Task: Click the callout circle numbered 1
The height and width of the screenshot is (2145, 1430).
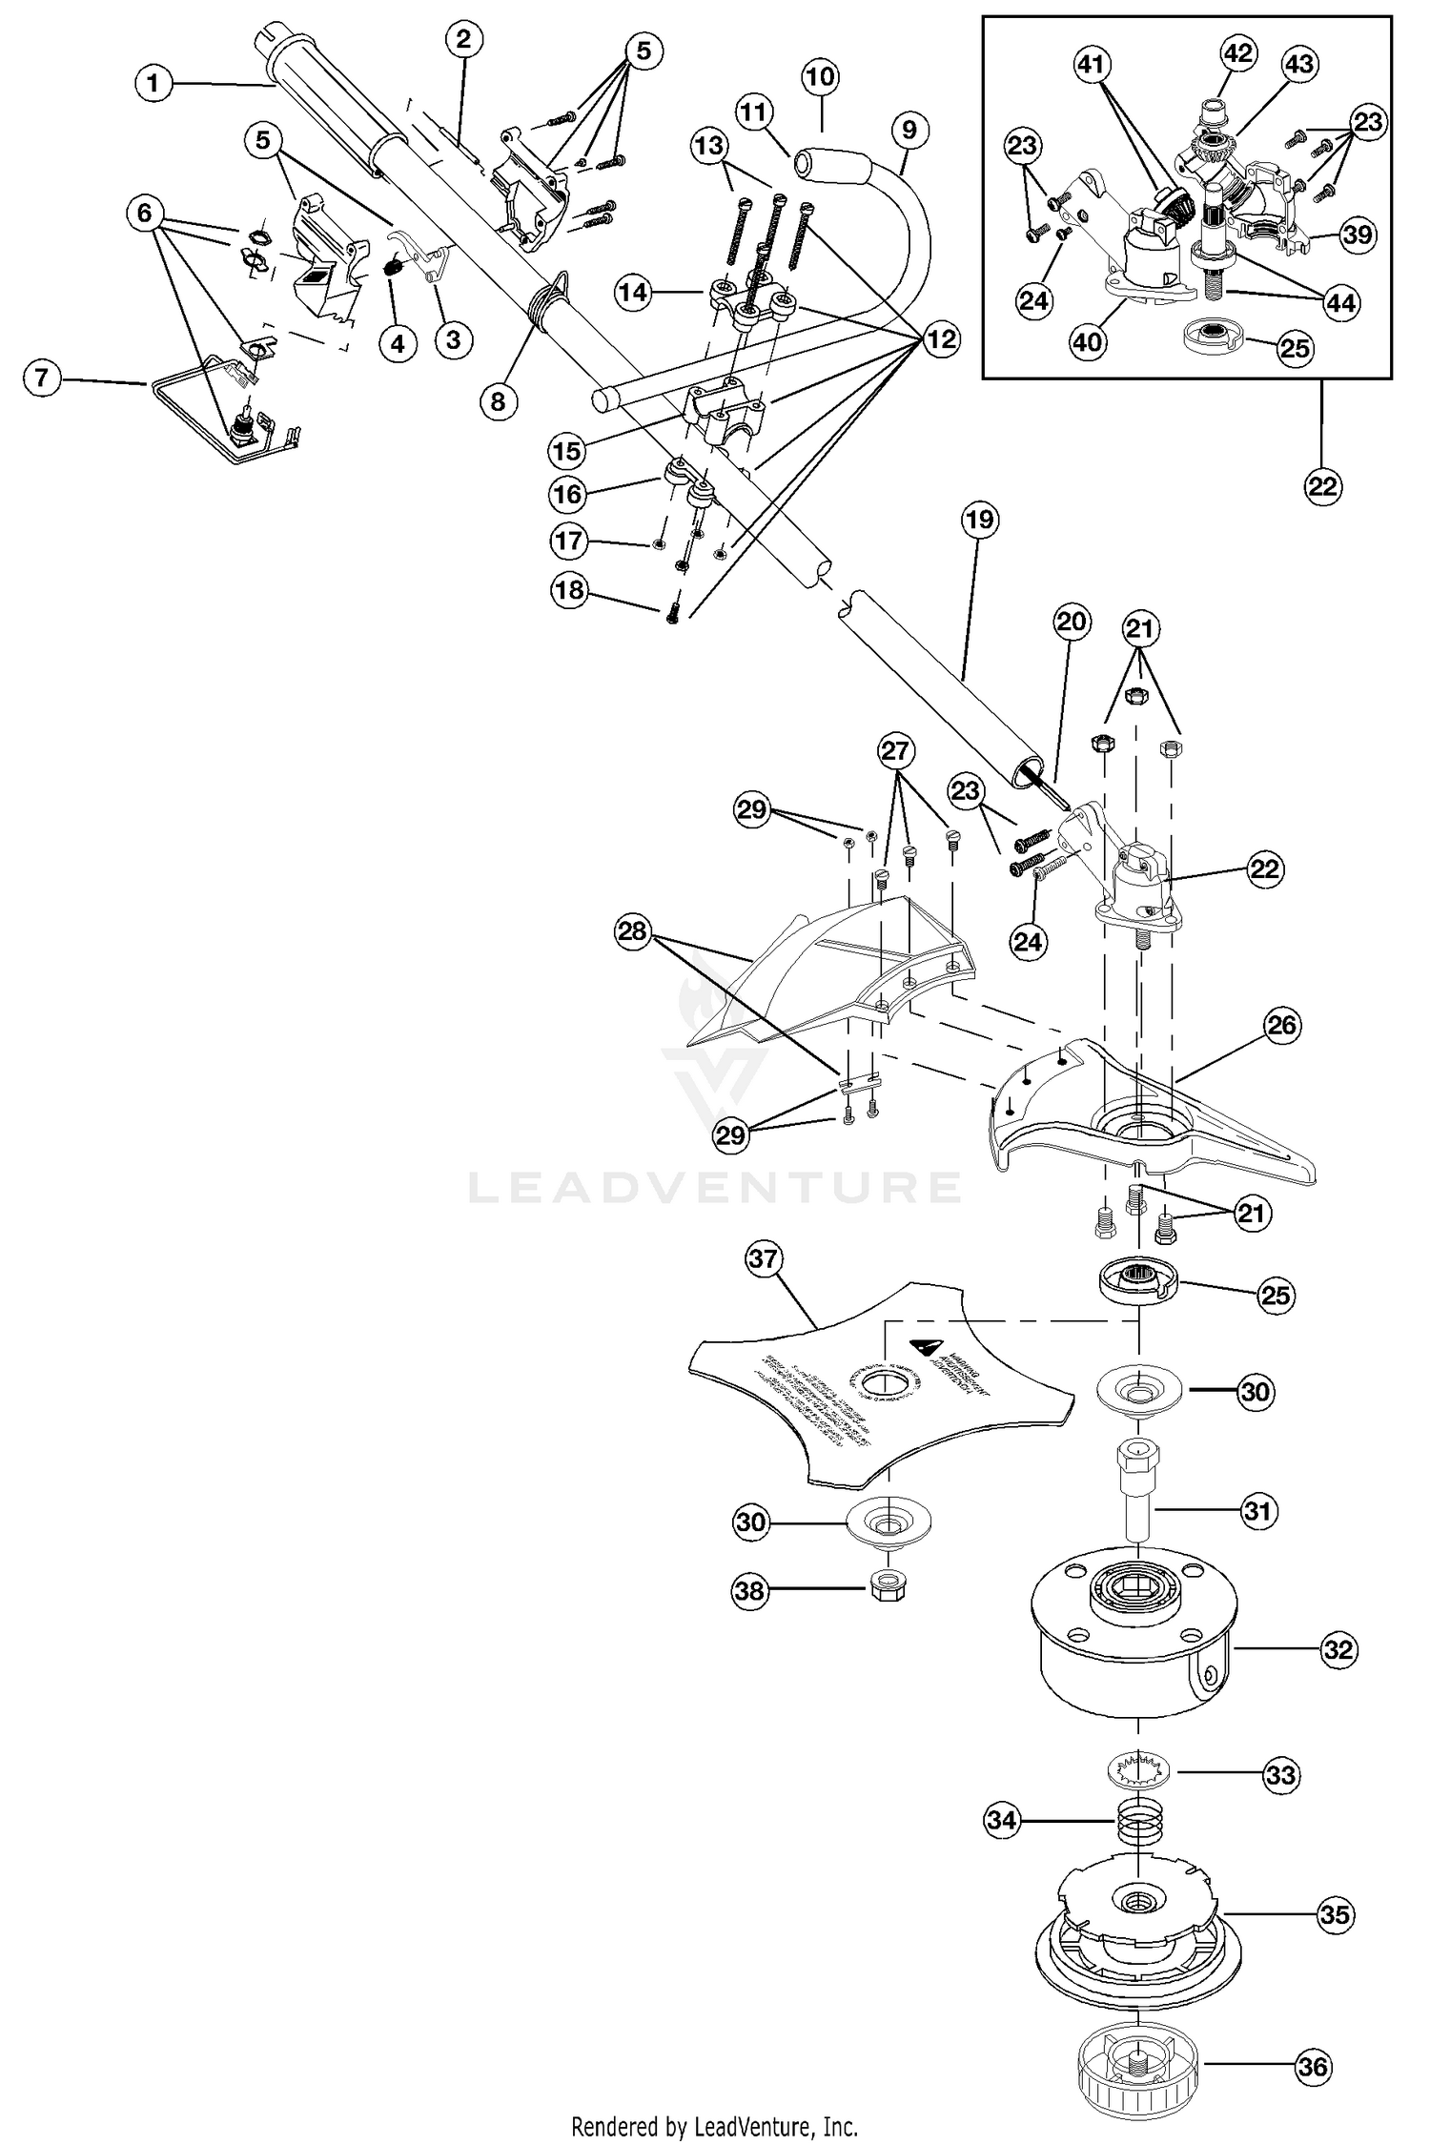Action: coord(153,84)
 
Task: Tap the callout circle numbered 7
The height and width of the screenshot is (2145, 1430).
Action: coord(41,378)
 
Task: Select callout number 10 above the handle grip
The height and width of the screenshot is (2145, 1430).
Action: coord(820,77)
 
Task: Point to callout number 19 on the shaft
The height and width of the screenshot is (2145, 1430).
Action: coord(980,520)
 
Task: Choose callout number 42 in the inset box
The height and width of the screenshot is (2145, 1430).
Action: coord(1238,53)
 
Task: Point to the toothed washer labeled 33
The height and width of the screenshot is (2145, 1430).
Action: coord(1140,1772)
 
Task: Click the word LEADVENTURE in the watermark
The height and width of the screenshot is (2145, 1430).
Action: coord(715,1187)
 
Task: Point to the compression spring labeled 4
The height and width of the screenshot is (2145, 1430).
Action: coord(392,269)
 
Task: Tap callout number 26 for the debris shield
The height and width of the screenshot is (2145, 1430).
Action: coord(1282,1026)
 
